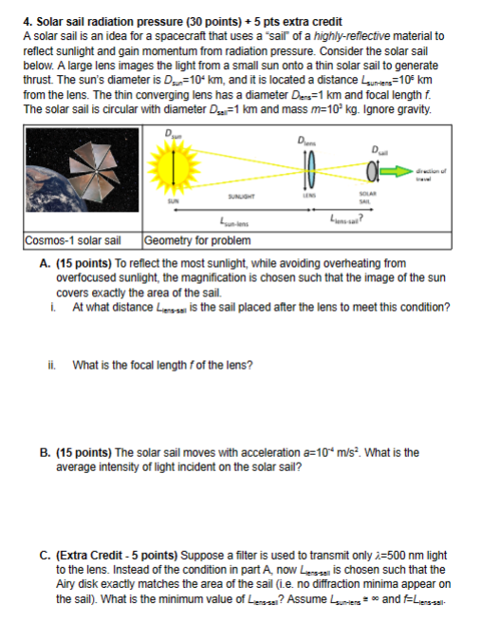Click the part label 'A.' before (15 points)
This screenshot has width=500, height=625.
click(46, 263)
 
